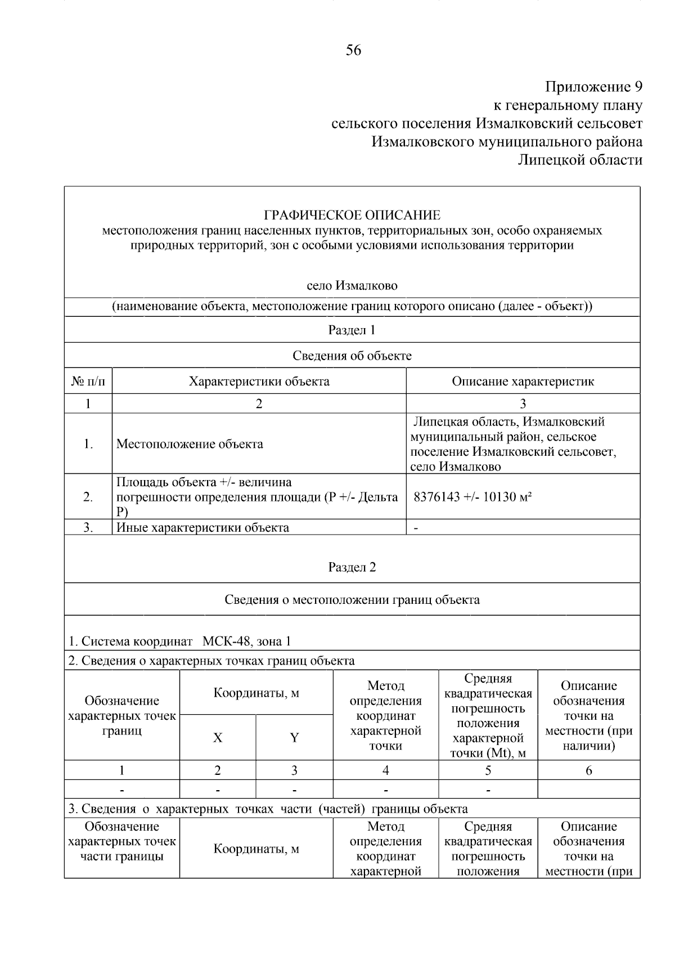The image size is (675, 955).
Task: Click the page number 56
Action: (353, 51)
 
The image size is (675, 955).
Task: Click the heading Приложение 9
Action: (593, 87)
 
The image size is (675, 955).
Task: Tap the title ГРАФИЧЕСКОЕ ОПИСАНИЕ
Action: (352, 215)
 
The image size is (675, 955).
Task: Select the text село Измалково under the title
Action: (352, 286)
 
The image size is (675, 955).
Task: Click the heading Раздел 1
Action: (352, 330)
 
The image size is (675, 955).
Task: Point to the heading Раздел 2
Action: (352, 567)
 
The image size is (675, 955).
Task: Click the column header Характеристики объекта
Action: (259, 382)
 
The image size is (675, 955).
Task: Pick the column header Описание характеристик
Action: (523, 382)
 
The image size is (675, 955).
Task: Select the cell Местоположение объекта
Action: (190, 444)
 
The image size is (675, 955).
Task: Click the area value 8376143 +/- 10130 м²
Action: (473, 497)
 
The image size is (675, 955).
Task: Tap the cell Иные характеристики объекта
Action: (202, 528)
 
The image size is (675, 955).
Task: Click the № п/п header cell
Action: (88, 382)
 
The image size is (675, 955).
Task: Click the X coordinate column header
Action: (218, 738)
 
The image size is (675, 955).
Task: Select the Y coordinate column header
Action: (294, 738)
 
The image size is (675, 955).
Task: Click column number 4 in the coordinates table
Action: (385, 770)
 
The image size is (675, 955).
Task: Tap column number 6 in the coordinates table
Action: (588, 770)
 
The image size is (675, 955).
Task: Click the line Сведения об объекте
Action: (352, 356)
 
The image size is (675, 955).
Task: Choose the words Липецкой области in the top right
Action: (579, 160)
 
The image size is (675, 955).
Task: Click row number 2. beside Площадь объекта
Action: (88, 497)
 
